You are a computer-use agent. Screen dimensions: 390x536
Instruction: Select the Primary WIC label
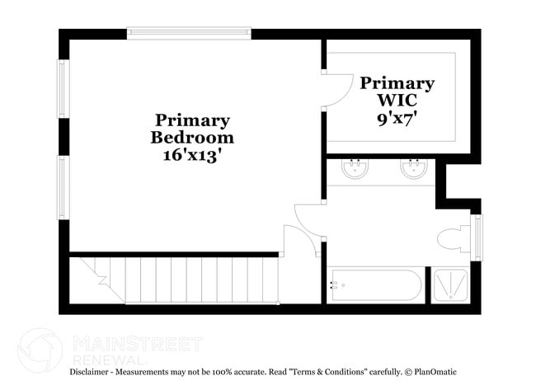[x=397, y=91]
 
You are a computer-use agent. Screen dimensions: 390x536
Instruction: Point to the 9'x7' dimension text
[x=397, y=117]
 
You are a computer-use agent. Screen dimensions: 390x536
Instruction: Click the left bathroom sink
[x=355, y=170]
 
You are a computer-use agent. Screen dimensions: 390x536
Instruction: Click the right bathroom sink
[x=414, y=170]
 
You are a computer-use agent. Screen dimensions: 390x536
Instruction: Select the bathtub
[x=375, y=285]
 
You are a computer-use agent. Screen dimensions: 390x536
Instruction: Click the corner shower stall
[x=449, y=285]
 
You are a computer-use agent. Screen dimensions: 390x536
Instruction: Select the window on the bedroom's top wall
[x=188, y=33]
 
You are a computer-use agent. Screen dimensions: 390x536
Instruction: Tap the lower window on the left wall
[x=63, y=189]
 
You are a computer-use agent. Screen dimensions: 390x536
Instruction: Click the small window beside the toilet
[x=476, y=237]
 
